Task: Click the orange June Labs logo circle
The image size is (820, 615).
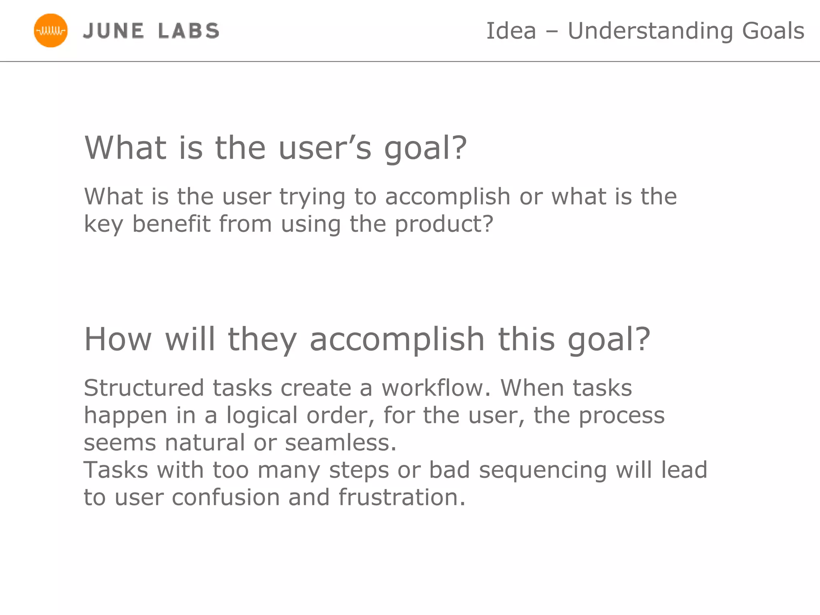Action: click(x=50, y=31)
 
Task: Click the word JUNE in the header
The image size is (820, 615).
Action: click(x=113, y=31)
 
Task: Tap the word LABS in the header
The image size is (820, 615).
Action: click(x=189, y=31)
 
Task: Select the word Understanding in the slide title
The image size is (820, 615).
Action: click(x=650, y=31)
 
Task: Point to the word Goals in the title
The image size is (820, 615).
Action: click(x=773, y=31)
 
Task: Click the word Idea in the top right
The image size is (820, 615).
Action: click(x=511, y=31)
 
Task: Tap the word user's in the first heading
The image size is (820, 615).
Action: click(x=325, y=148)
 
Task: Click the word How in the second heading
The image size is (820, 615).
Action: click(x=118, y=340)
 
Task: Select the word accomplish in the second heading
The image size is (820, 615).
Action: click(x=397, y=340)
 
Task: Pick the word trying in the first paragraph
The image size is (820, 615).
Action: click(x=312, y=197)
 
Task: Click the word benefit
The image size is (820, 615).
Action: click(x=171, y=224)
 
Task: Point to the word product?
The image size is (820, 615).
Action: click(x=444, y=224)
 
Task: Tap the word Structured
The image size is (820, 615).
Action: click(x=144, y=388)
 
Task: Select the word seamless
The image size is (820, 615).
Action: click(x=340, y=443)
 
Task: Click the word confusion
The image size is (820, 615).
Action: click(x=225, y=497)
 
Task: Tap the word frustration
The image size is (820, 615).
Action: click(x=402, y=497)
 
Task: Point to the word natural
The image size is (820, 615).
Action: click(x=205, y=443)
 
